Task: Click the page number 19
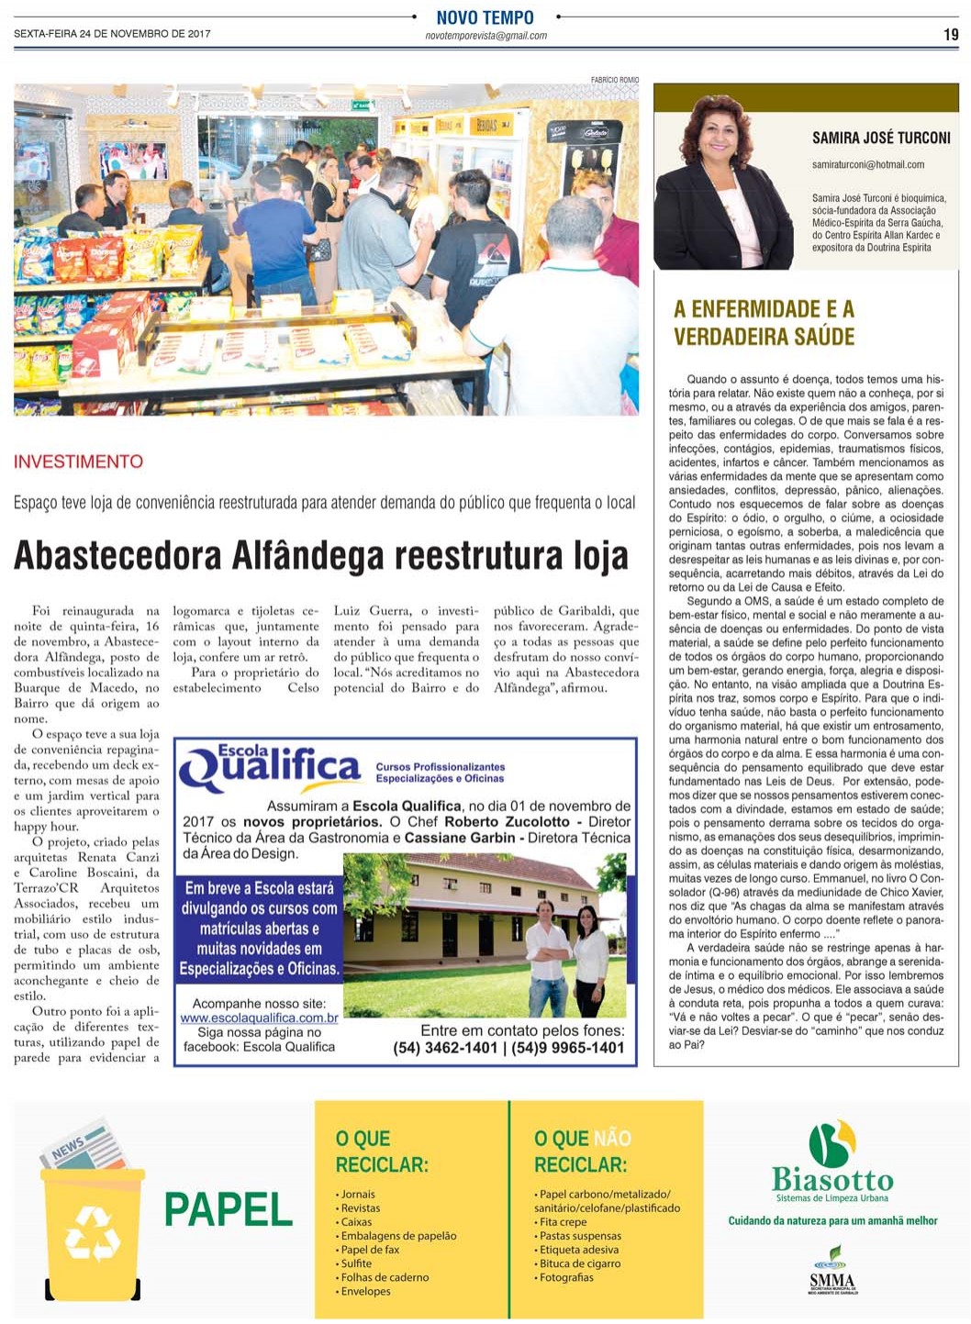click(x=950, y=35)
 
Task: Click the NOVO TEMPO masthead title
click(x=485, y=17)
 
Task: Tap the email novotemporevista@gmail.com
click(x=485, y=36)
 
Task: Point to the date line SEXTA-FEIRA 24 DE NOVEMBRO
click(x=112, y=34)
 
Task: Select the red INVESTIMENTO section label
click(x=78, y=462)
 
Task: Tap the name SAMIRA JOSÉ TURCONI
click(x=880, y=138)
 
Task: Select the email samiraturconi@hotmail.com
click(x=867, y=165)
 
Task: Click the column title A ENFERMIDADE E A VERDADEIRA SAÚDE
click(x=764, y=322)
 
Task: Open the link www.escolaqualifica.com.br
click(x=259, y=1018)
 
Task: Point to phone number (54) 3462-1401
click(x=445, y=1048)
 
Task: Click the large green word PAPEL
click(x=228, y=1210)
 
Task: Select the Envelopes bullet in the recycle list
click(x=365, y=1291)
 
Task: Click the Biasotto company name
click(x=831, y=1180)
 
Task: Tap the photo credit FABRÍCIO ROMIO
click(x=614, y=80)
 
